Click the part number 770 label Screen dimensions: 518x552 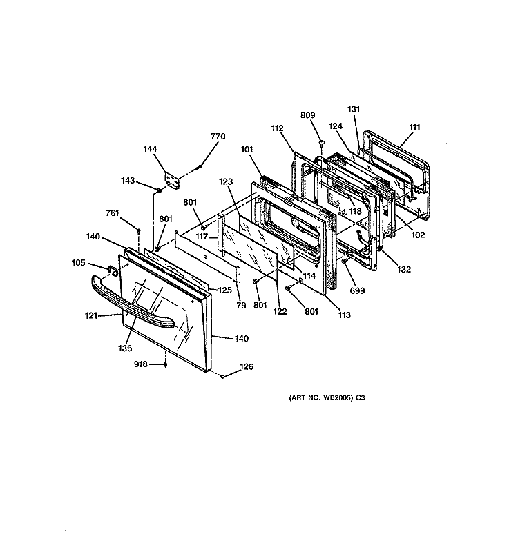[218, 136]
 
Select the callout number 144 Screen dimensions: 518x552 [150, 149]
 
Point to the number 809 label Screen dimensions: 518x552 [307, 115]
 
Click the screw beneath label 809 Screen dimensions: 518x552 [321, 142]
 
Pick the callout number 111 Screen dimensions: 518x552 [415, 127]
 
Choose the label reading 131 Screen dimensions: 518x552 [354, 109]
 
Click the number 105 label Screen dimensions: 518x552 [78, 263]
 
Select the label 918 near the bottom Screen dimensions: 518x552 [141, 364]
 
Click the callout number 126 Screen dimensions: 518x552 [247, 366]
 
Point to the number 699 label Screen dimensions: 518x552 [357, 290]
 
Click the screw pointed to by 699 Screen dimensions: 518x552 [345, 261]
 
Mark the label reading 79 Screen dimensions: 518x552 [241, 305]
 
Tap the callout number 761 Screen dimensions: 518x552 [113, 213]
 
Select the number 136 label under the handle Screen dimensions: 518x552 [125, 348]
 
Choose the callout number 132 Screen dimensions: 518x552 [404, 269]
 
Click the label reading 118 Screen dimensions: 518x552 [355, 211]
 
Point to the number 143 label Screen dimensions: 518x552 [128, 181]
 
